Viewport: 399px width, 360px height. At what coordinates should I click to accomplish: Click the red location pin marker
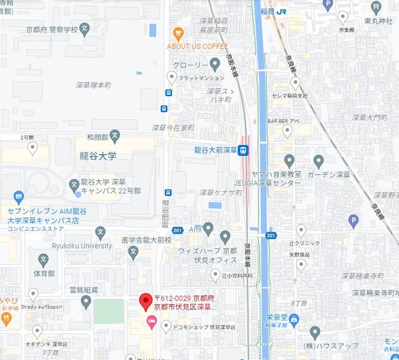click(145, 301)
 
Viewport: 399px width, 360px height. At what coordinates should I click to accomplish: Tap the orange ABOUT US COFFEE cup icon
click(179, 34)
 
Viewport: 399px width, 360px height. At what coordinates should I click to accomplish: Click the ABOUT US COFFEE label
click(198, 46)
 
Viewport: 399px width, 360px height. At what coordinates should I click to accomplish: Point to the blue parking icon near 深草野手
click(353, 220)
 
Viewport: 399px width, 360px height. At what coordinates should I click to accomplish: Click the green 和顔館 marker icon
click(115, 136)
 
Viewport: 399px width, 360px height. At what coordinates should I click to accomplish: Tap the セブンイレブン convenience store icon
click(18, 198)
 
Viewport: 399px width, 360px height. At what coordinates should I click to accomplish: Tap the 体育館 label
click(44, 273)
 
